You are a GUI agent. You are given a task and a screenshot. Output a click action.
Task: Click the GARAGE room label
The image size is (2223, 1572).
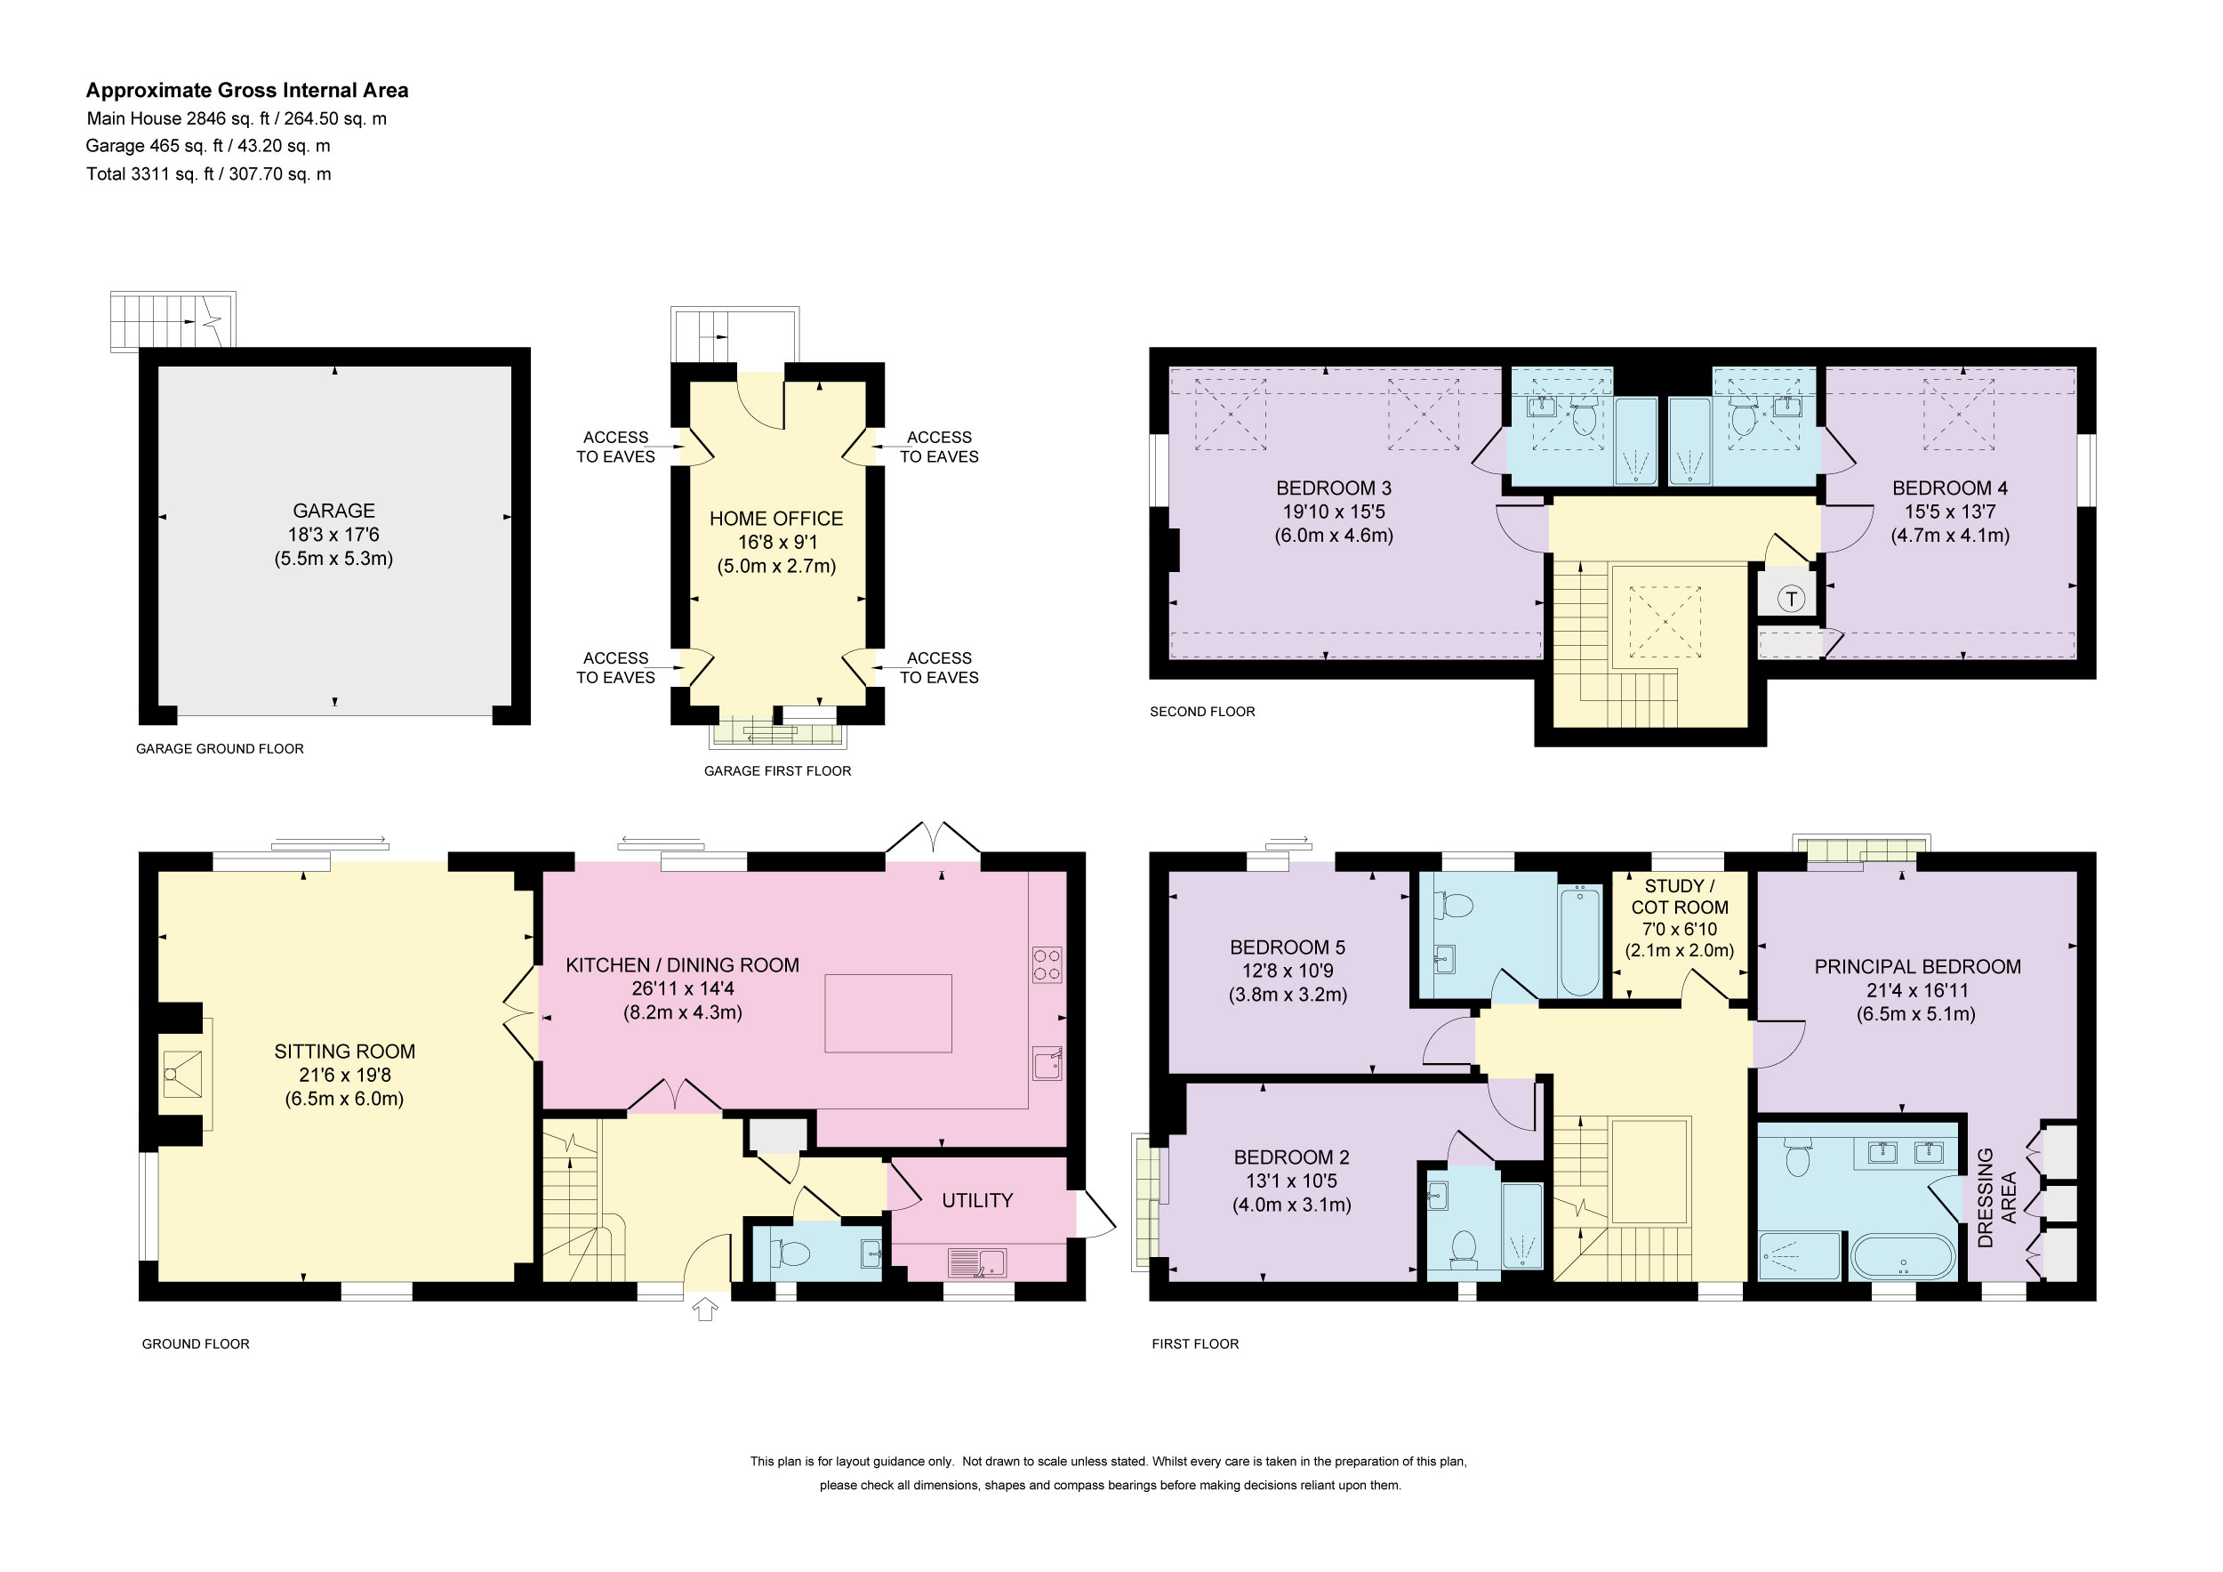coord(333,511)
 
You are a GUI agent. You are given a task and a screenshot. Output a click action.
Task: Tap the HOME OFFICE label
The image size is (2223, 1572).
coord(775,518)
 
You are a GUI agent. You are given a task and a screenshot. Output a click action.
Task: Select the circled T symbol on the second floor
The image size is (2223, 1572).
coord(1790,599)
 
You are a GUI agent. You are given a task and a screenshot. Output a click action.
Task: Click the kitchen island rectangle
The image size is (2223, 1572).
coord(887,1013)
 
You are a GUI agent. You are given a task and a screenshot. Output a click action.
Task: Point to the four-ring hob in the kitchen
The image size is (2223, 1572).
coord(1047,964)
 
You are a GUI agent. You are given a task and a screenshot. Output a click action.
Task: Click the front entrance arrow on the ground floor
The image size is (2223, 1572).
coord(705,1310)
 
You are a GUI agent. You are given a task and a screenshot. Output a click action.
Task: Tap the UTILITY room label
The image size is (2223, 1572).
coord(977,1200)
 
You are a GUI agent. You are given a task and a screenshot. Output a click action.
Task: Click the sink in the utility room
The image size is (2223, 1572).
coord(978,1263)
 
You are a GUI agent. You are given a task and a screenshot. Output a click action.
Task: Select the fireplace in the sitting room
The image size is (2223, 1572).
coord(183,1074)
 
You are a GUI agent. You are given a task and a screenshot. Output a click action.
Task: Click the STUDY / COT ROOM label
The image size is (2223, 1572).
coord(1680,897)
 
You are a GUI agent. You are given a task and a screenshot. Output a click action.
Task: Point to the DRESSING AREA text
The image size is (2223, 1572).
coord(1996,1197)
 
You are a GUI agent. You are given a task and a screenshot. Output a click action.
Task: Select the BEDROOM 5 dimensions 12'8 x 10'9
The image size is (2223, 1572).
coord(1288,971)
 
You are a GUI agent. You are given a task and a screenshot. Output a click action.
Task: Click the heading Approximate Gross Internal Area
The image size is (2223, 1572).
coord(247,90)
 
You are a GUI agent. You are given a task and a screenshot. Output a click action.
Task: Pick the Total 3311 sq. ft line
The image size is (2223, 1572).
coord(208,174)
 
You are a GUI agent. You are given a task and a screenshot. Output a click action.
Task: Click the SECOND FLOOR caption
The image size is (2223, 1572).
coord(1201,712)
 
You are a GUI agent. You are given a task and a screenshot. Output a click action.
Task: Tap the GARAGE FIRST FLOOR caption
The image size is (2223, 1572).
coord(777,771)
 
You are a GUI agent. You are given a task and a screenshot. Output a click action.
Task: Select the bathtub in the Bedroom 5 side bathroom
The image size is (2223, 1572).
coord(1580,939)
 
